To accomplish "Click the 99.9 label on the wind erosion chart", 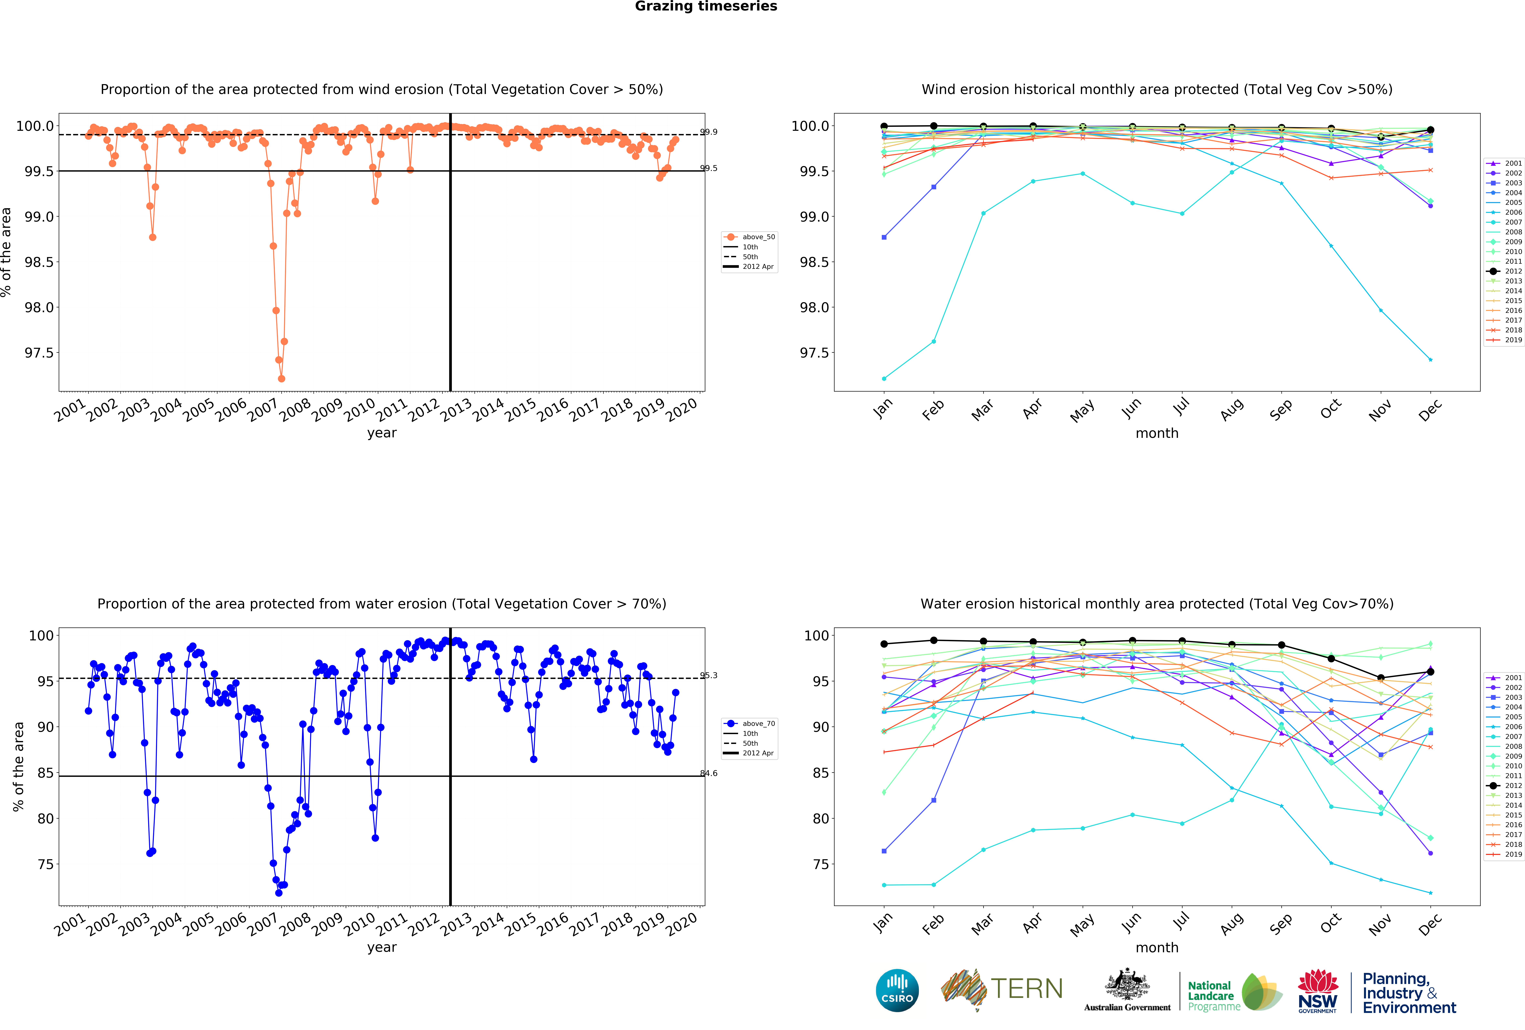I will click(x=709, y=132).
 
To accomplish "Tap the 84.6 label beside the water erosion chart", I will click(x=709, y=773).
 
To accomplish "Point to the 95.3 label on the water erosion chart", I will click(x=709, y=675).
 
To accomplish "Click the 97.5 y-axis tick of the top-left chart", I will click(x=39, y=353).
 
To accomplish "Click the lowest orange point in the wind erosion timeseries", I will click(x=282, y=378).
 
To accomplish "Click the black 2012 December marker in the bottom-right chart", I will click(x=1430, y=672).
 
